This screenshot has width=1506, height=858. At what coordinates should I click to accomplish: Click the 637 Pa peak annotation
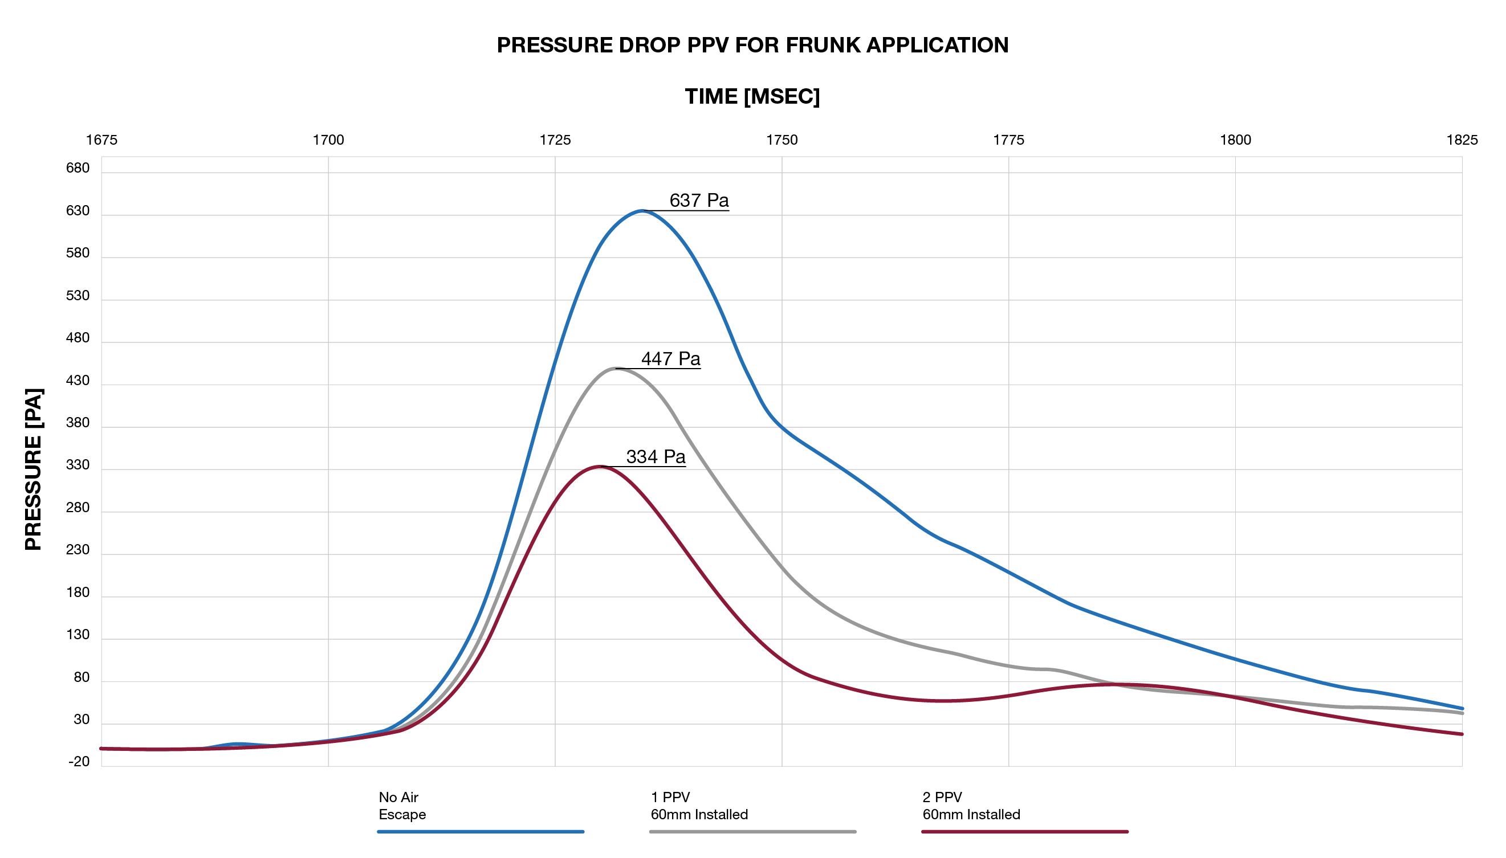click(x=698, y=201)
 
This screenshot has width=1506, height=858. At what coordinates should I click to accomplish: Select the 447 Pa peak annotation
click(x=670, y=359)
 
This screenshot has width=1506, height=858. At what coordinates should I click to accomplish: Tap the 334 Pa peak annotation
click(x=656, y=457)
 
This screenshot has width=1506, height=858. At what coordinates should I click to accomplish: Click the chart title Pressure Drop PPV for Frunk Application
click(x=752, y=46)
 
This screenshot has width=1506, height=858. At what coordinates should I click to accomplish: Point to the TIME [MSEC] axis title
click(x=752, y=96)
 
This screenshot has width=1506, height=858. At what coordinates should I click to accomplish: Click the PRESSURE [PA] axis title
click(x=34, y=469)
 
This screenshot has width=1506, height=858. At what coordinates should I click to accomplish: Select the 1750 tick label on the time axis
click(x=782, y=140)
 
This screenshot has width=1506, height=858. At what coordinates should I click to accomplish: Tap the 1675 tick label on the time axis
click(x=101, y=140)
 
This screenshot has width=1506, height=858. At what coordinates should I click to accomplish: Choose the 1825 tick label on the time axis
click(x=1461, y=140)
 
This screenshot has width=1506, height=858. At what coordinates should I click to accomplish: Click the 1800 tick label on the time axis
click(x=1235, y=140)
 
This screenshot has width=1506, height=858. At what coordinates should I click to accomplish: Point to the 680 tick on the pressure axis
click(x=78, y=169)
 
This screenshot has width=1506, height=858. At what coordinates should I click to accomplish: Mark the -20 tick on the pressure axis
click(x=79, y=762)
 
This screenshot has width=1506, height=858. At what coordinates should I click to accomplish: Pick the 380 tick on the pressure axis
click(x=78, y=423)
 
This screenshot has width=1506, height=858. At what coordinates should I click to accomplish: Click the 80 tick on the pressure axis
click(x=82, y=677)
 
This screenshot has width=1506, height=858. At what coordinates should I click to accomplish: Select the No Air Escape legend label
click(x=402, y=806)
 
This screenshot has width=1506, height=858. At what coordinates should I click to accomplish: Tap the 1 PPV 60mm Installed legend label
click(x=699, y=806)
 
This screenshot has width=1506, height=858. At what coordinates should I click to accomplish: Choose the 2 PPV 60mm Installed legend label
click(x=971, y=806)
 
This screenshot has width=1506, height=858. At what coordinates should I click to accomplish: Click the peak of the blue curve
click(x=641, y=211)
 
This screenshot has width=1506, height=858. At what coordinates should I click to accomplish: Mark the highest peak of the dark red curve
click(x=599, y=467)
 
